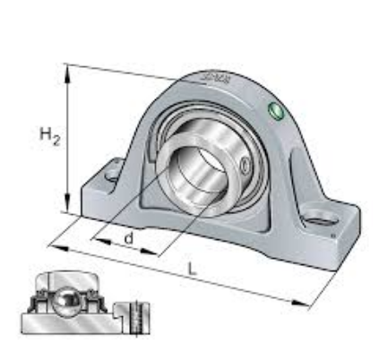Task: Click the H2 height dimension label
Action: [x=49, y=136]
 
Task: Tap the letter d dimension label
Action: [x=129, y=238]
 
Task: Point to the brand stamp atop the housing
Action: [x=215, y=83]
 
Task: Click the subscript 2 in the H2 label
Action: [x=56, y=141]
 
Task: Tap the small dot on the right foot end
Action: [x=333, y=236]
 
